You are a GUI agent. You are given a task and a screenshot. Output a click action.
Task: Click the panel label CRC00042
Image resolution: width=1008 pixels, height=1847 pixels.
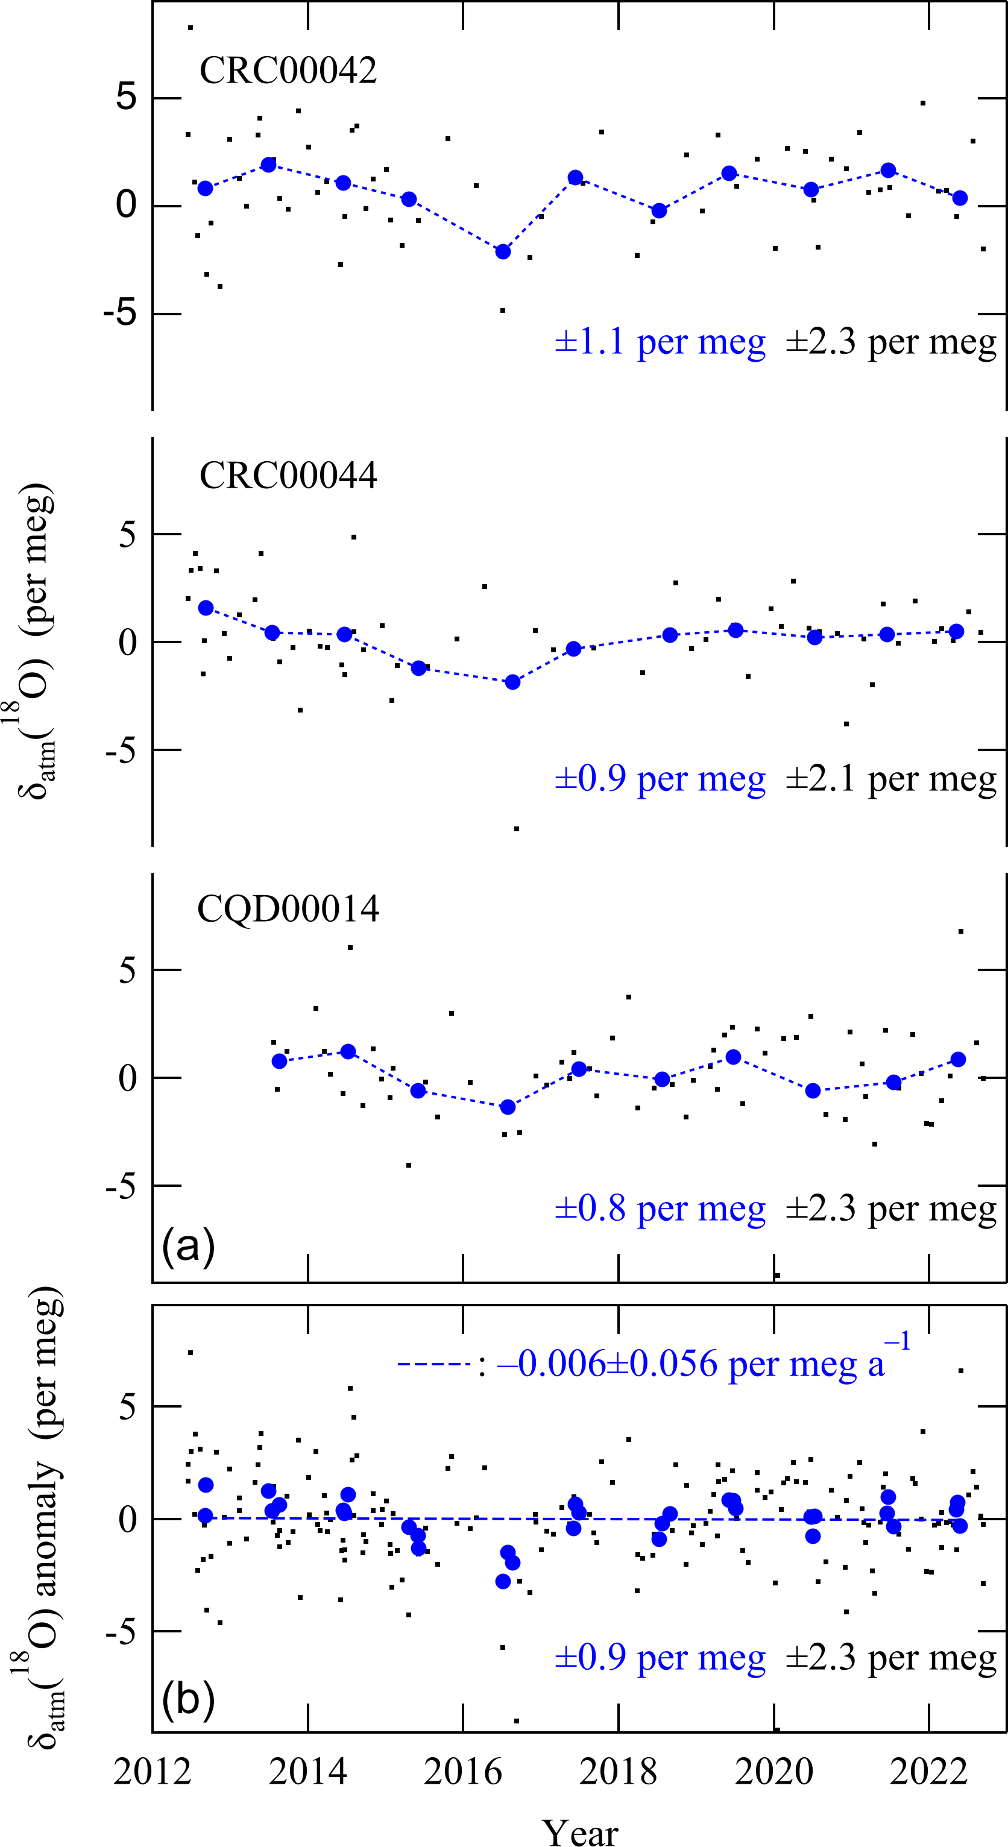(x=288, y=71)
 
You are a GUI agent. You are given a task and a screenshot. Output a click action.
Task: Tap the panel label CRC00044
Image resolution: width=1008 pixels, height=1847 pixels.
(x=288, y=474)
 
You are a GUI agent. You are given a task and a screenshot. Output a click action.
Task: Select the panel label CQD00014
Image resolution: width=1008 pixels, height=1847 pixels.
(x=288, y=908)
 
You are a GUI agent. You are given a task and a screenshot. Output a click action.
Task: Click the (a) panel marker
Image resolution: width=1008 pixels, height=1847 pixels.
(x=188, y=1246)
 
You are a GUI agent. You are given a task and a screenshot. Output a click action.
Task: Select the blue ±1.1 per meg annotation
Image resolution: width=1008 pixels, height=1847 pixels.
(x=660, y=341)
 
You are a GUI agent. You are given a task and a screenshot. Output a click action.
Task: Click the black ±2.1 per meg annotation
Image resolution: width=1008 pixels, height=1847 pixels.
(x=890, y=779)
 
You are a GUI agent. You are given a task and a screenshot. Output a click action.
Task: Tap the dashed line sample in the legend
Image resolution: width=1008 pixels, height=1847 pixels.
(x=433, y=1364)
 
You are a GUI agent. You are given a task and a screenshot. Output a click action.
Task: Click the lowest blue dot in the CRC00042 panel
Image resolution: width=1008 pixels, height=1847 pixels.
(x=503, y=251)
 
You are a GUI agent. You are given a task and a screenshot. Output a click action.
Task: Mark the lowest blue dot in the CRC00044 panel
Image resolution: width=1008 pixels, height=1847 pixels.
(x=512, y=682)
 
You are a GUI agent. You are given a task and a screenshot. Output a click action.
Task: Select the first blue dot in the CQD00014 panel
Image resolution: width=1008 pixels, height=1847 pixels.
(x=280, y=1061)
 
